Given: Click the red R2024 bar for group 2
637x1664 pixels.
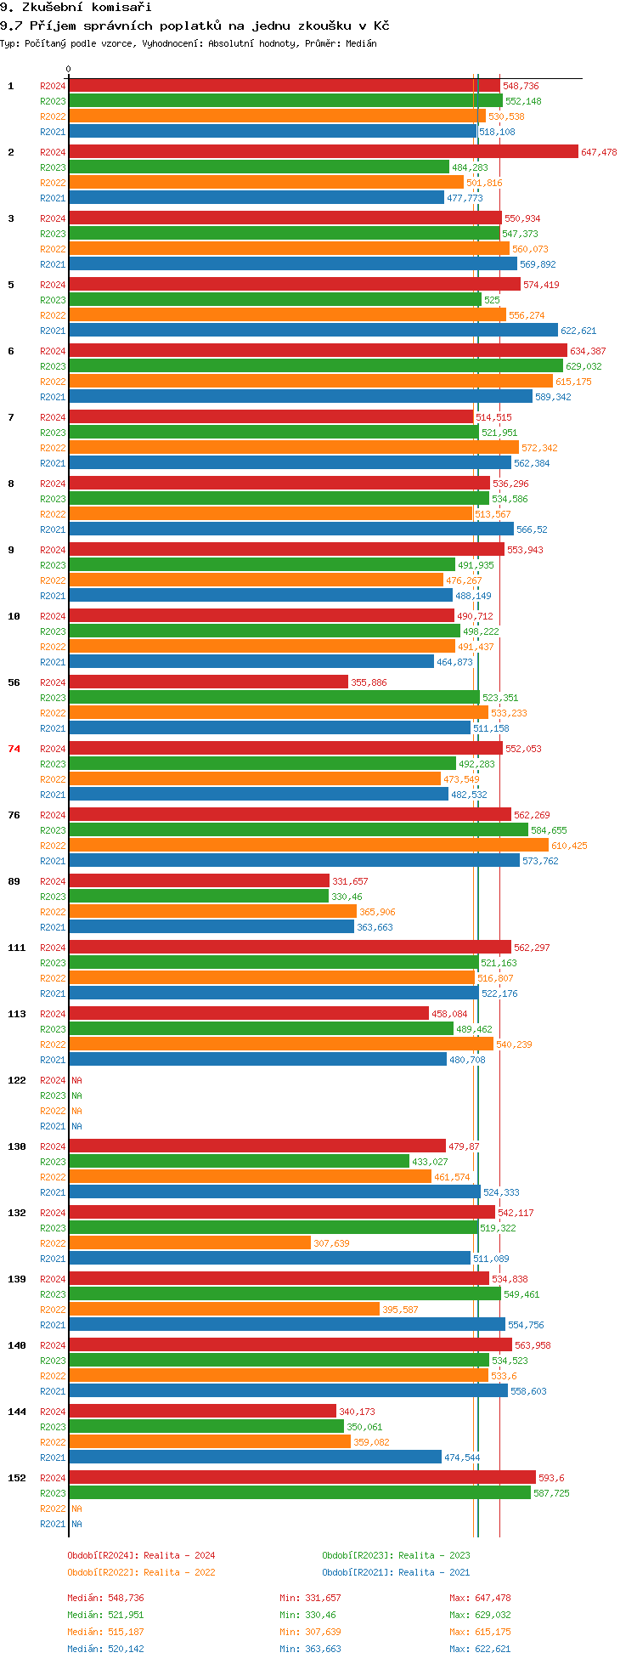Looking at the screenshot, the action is coord(324,152).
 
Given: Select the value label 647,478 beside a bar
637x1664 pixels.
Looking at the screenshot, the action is coord(599,152).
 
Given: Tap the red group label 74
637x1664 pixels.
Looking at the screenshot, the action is coord(14,749).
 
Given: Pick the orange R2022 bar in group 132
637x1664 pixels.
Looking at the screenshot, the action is coord(190,1243).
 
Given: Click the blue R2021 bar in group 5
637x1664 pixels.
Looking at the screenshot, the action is coord(313,331).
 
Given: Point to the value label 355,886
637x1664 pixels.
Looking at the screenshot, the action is coord(369,682).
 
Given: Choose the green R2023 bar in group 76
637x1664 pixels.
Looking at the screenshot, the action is coord(299,830).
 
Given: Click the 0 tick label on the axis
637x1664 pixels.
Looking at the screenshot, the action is coord(69,70).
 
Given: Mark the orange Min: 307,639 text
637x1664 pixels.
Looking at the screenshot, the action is coord(311,1632).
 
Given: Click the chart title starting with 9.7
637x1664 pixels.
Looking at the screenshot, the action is coord(195,25).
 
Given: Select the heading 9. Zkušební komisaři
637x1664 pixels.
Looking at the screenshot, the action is coord(76,7).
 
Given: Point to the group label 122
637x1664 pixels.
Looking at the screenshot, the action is coord(17,1080).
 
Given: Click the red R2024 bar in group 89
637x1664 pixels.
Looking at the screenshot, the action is coord(199,881).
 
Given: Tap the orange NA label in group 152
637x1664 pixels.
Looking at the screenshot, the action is coord(76,1508).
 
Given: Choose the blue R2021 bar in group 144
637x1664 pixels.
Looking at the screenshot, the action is coord(255,1457).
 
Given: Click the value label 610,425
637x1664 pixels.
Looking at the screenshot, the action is coord(569,846).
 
